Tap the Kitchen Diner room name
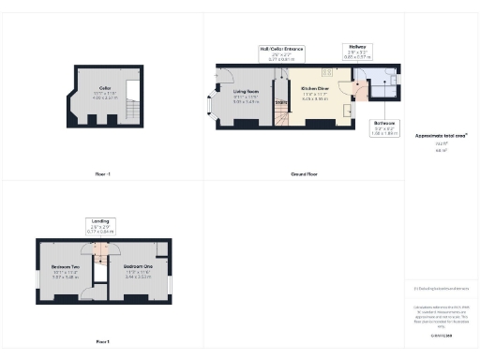pos(314,90)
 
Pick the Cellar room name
pos(105,87)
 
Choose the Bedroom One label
pos(138,266)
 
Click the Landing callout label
pos(99,222)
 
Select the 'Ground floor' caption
pos(305,174)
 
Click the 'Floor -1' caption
pos(103,174)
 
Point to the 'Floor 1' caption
pos(103,341)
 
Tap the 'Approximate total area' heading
pos(441,135)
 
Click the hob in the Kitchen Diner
pos(328,72)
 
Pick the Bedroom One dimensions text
pos(138,276)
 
